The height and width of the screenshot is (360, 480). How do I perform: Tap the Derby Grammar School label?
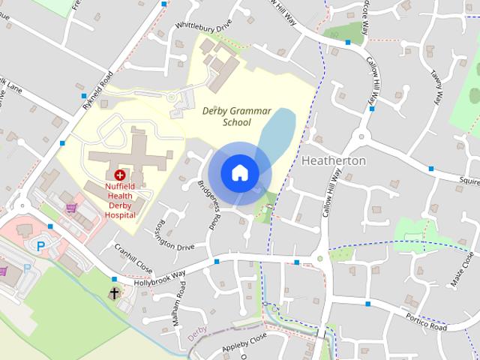point(237,116)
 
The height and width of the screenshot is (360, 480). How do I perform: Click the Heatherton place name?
point(333,160)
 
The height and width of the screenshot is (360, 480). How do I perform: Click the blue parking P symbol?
point(41,245)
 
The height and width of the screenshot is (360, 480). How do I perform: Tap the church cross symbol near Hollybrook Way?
point(114,293)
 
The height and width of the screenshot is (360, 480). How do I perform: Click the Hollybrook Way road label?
point(159,274)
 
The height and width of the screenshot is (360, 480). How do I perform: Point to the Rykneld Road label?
point(97,89)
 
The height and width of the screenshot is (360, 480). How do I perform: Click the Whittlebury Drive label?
point(203,26)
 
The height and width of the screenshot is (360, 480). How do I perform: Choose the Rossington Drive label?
point(169,235)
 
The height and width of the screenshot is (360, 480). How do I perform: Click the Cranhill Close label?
point(133,259)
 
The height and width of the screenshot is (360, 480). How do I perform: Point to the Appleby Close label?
point(244,343)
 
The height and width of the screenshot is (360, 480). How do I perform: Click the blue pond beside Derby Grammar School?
point(275,132)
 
